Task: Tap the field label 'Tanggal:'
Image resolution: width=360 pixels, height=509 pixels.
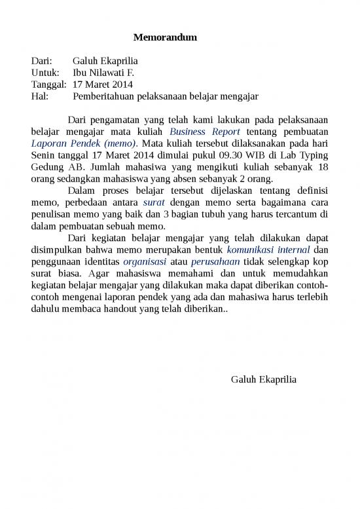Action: tap(48, 85)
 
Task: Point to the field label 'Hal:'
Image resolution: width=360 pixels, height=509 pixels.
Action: tap(40, 96)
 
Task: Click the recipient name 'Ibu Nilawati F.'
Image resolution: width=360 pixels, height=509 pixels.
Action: tap(103, 73)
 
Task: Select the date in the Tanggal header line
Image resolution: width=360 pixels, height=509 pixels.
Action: tap(103, 85)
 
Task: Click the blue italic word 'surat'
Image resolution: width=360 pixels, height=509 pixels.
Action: tap(153, 202)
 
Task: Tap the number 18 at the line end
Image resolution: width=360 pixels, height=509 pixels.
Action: tap(323, 167)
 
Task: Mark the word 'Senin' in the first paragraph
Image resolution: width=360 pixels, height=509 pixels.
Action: tap(44, 155)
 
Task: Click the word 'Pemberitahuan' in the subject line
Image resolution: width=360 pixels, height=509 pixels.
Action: tap(104, 96)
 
